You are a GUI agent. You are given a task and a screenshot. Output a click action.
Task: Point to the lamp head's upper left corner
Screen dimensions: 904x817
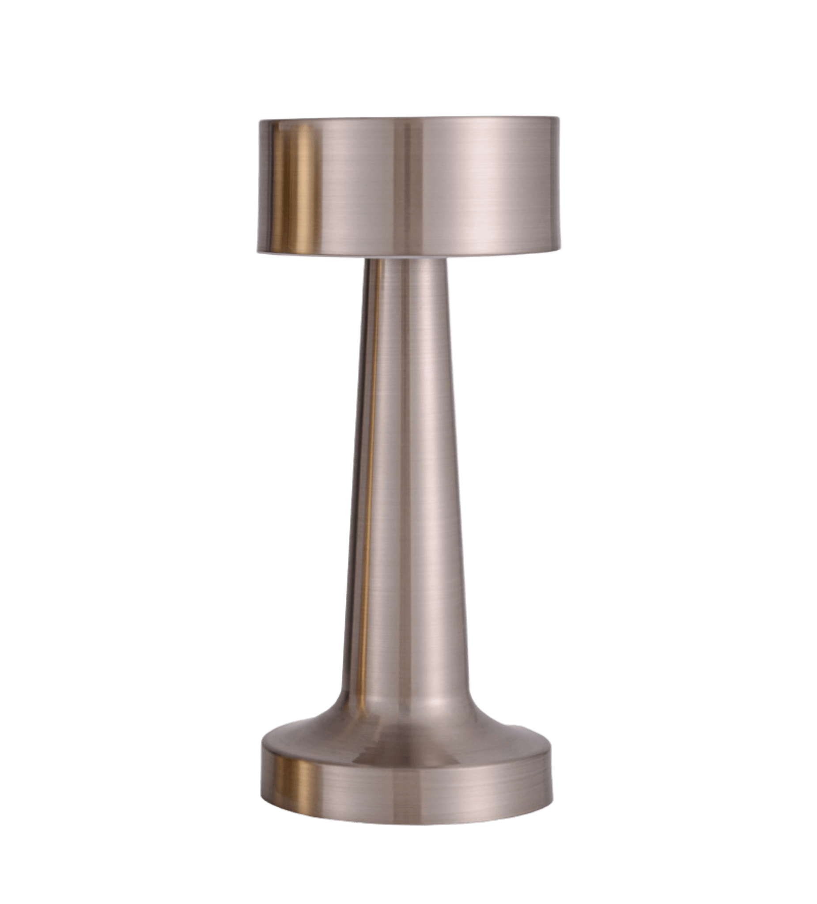259,120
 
